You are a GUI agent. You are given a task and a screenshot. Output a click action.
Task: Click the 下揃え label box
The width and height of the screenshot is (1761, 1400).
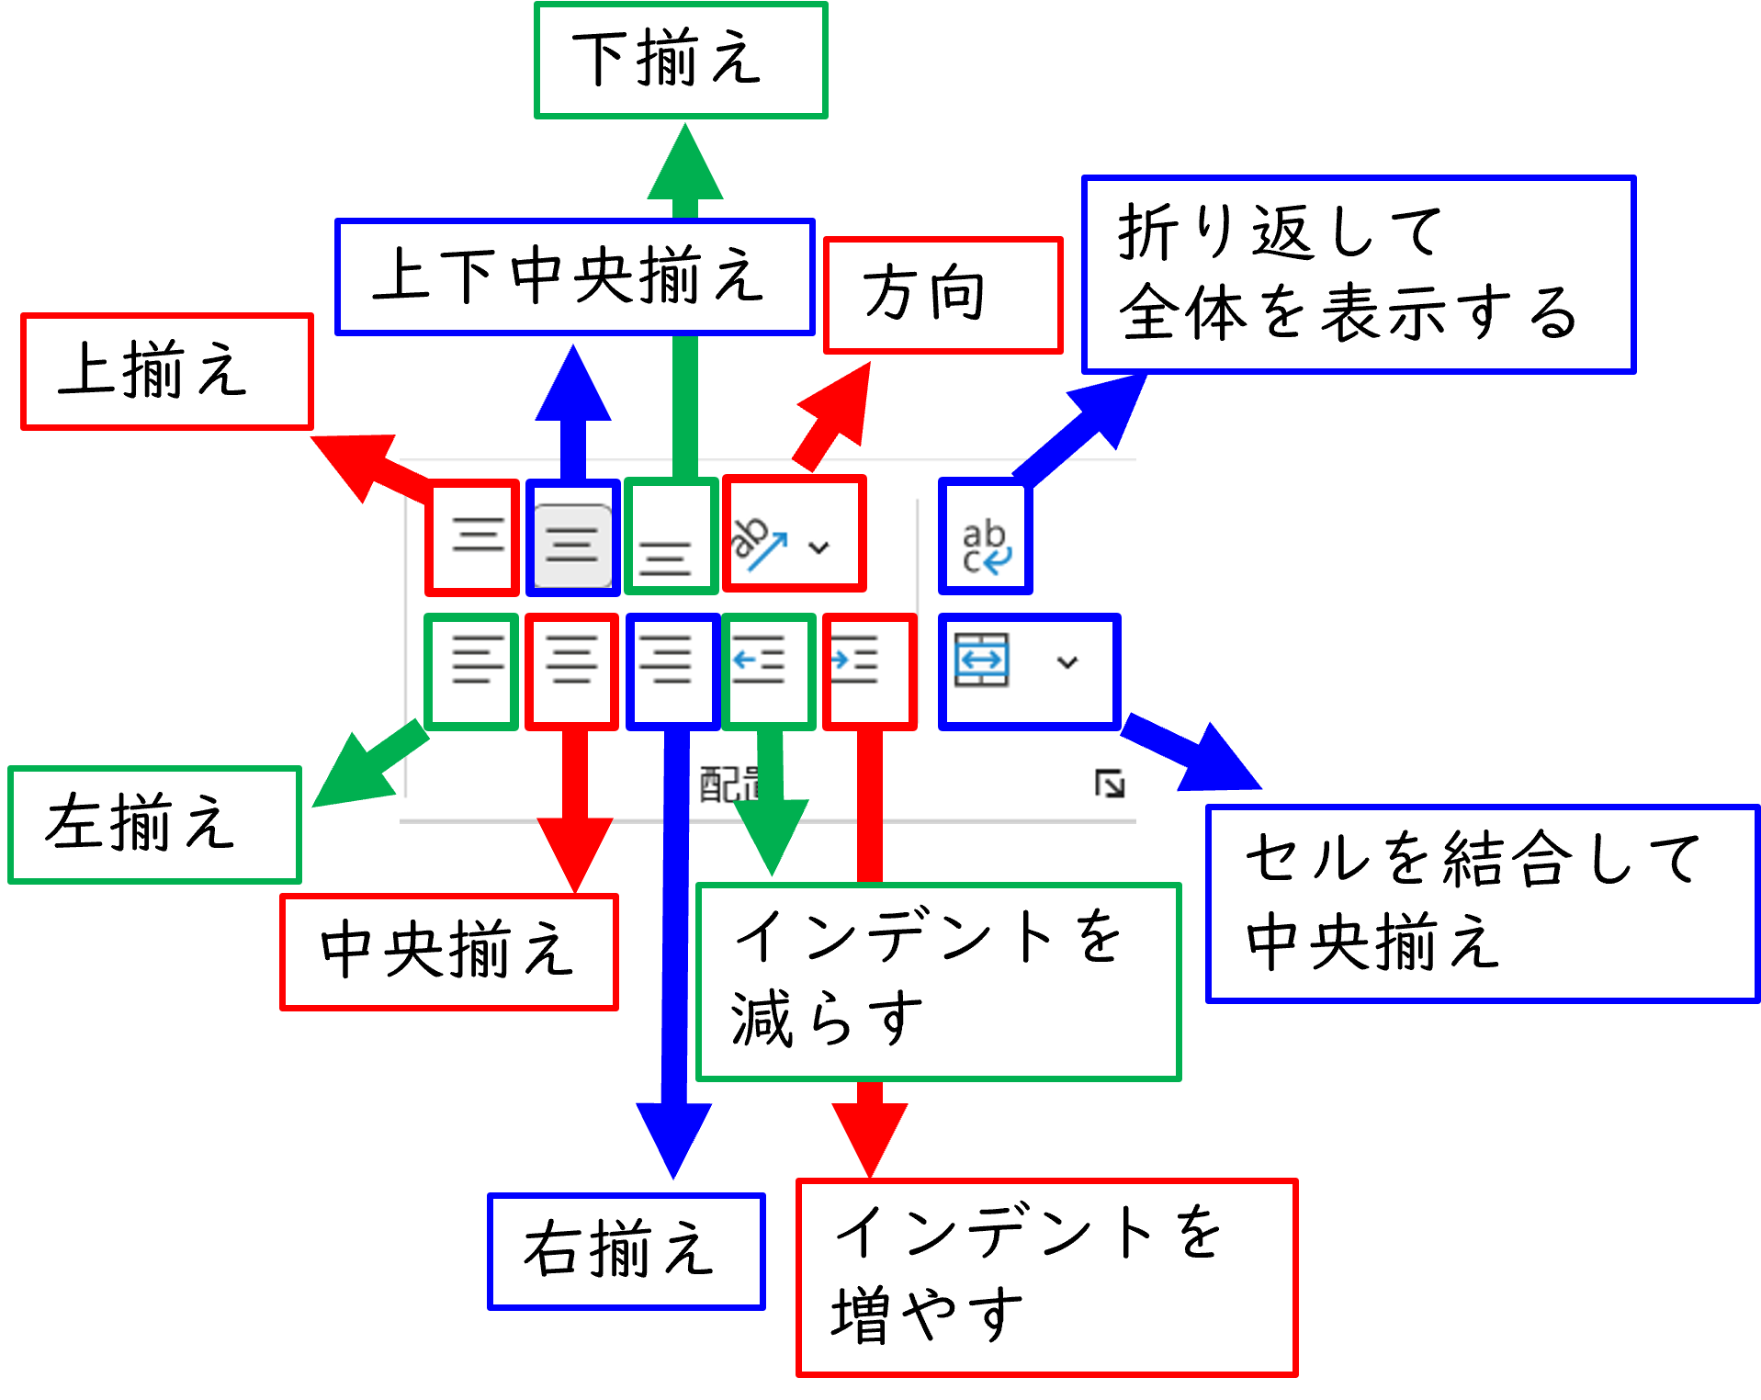(x=681, y=61)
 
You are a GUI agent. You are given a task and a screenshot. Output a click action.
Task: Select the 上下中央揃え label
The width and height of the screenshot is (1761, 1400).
(x=574, y=277)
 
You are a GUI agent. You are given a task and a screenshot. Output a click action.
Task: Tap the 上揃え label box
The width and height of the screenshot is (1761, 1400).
(x=167, y=371)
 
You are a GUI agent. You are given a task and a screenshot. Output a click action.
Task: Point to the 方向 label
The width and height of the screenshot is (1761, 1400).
(x=943, y=295)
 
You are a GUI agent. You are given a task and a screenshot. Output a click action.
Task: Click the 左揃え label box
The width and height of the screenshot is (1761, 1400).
(x=154, y=824)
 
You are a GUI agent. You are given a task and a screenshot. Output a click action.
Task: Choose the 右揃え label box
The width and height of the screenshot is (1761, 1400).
(x=626, y=1250)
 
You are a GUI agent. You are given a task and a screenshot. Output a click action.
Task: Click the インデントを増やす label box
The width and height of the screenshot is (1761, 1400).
(x=1046, y=1276)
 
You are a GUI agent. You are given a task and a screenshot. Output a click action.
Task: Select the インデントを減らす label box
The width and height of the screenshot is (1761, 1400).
(x=938, y=981)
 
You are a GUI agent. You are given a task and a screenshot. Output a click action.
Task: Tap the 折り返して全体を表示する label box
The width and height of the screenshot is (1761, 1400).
(x=1358, y=275)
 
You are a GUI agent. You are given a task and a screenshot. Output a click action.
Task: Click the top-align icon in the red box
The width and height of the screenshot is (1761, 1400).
(x=478, y=536)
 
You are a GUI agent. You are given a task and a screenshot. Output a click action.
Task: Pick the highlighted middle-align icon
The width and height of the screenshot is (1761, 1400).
(x=572, y=542)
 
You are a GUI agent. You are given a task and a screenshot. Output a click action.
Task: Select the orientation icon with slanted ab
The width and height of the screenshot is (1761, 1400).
(x=759, y=542)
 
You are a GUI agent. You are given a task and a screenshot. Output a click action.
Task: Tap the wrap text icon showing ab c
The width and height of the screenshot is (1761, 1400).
(x=985, y=546)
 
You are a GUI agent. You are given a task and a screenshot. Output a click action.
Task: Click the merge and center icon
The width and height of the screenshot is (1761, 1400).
(x=982, y=660)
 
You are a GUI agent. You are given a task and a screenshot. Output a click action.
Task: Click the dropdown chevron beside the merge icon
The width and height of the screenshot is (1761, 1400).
(x=1067, y=661)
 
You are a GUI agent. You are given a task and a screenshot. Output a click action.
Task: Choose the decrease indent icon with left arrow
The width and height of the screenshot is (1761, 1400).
(x=759, y=660)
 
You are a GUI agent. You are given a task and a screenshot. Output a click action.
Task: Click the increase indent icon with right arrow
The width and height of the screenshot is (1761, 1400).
(x=856, y=660)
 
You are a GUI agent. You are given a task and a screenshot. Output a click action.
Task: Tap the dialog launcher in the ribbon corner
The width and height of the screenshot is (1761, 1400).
(x=1110, y=784)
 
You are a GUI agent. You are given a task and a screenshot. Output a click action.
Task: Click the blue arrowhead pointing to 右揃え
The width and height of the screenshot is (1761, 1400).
(x=674, y=1139)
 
